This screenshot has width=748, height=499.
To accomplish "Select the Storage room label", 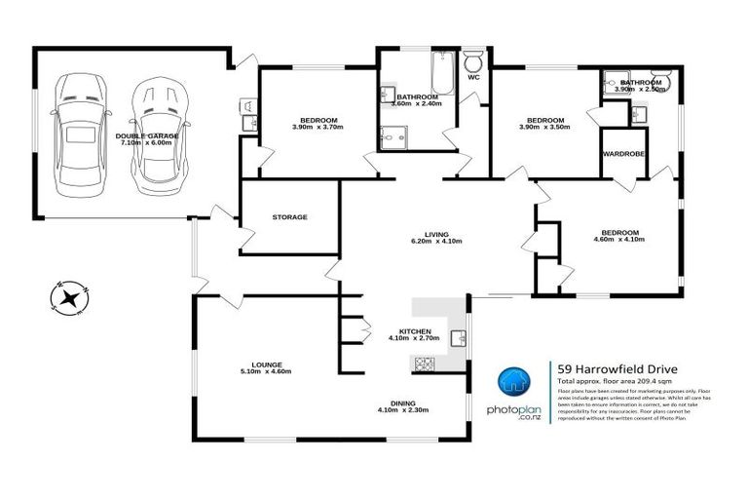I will click(289, 216).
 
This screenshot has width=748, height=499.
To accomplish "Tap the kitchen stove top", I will click(426, 365).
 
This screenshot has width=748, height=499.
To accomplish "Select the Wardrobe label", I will click(622, 152).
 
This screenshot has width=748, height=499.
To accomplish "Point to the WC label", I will click(473, 76).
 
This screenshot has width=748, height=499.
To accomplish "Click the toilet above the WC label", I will click(473, 58).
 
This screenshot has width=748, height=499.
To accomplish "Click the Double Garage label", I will click(144, 135).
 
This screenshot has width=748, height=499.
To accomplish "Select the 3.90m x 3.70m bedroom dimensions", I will click(318, 127).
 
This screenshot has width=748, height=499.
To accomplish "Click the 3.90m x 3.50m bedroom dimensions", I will click(544, 127).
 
